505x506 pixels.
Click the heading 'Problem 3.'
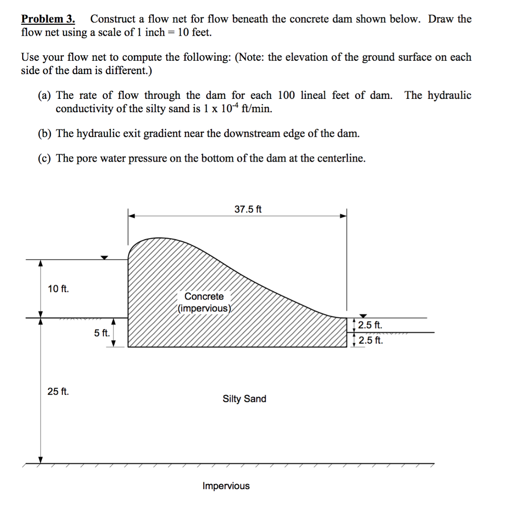[48, 19]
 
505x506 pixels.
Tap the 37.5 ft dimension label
[248, 210]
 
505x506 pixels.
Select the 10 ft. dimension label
[58, 289]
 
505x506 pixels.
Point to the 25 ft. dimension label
[58, 392]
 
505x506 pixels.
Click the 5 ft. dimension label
[102, 333]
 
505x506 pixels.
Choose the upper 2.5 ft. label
[370, 326]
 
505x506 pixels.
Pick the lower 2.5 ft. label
[370, 340]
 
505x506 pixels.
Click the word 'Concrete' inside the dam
[204, 296]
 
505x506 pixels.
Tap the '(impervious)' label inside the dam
[204, 308]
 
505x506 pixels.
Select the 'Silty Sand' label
[244, 399]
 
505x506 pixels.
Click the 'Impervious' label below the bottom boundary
[226, 486]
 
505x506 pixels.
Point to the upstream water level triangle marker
[104, 257]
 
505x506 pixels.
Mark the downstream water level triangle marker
[364, 316]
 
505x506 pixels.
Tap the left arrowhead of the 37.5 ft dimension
[132, 215]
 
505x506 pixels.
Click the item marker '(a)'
[46, 95]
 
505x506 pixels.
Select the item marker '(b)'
[46, 133]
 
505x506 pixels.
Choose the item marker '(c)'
[46, 158]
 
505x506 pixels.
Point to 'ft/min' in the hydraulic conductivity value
[258, 109]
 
